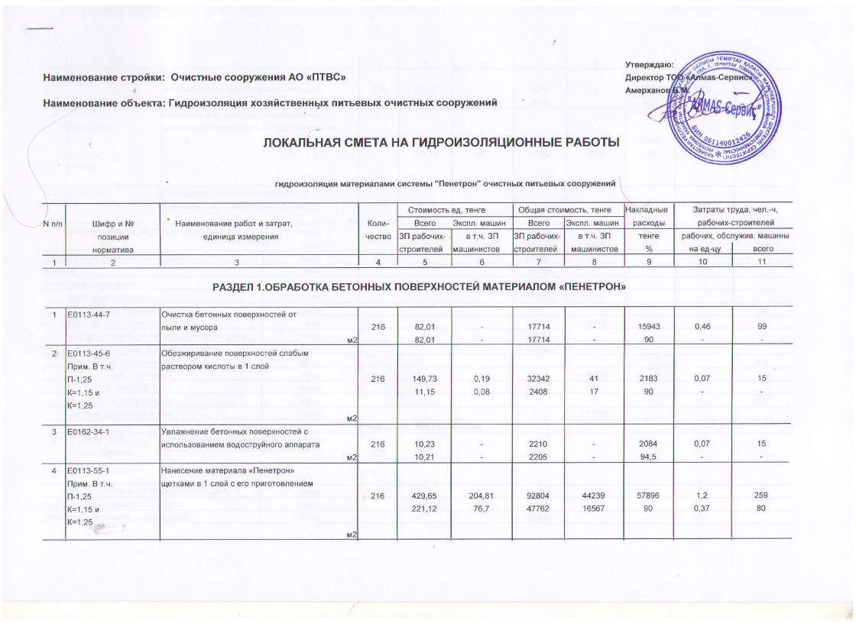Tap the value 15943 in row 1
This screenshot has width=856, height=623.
click(x=647, y=327)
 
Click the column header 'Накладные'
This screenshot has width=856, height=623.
click(x=647, y=209)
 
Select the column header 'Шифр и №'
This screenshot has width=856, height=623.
click(x=112, y=223)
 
